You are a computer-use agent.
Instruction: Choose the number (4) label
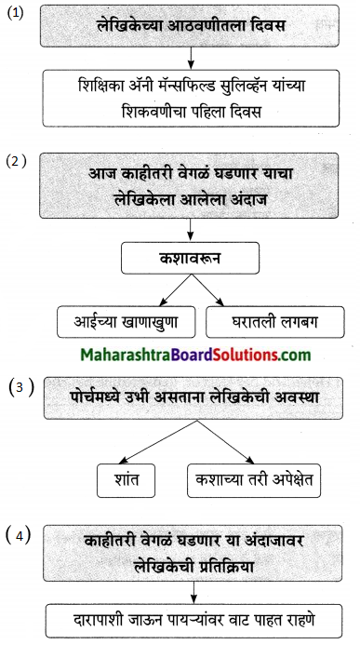point(17,534)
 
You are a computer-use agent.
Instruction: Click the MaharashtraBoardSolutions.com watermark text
point(181,355)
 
